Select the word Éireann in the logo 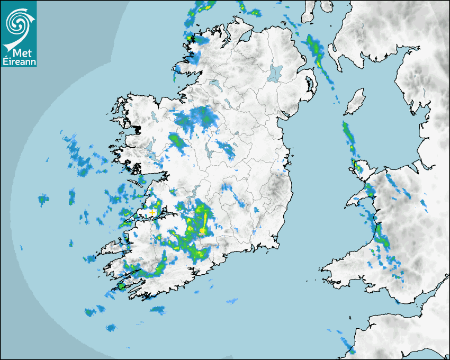[19, 61]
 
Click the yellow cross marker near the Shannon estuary [152, 212]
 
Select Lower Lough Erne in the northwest [215, 84]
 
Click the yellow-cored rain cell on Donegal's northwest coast [191, 38]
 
